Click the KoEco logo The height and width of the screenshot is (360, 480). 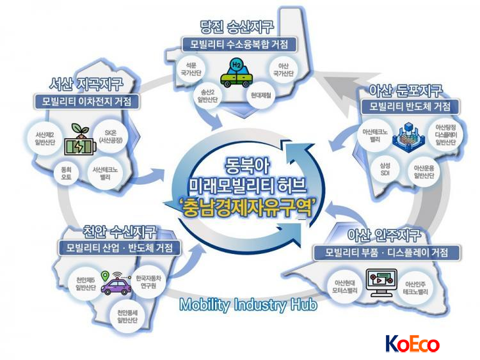pyautogui.click(x=412, y=343)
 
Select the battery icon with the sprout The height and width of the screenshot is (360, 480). pyautogui.click(x=80, y=139)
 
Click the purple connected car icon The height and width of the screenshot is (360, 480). pyautogui.click(x=116, y=283)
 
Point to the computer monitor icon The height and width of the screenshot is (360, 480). pyautogui.click(x=381, y=283)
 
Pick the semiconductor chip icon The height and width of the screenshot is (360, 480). pyautogui.click(x=409, y=136)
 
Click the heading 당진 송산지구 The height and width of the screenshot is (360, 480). pyautogui.click(x=236, y=27)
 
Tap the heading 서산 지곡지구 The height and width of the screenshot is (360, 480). pyautogui.click(x=86, y=84)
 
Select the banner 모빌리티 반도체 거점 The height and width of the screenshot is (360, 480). pyautogui.click(x=410, y=107)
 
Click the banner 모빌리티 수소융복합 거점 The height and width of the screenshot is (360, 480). pyautogui.click(x=239, y=45)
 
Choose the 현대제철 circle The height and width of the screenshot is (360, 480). pyautogui.click(x=261, y=95)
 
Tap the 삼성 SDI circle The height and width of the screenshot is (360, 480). pyautogui.click(x=385, y=169)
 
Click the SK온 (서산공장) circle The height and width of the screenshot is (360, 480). pyautogui.click(x=111, y=137)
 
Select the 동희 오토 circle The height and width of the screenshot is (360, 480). pyautogui.click(x=66, y=173)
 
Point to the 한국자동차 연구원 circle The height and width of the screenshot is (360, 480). pyautogui.click(x=148, y=282)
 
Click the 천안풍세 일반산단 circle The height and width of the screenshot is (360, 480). pyautogui.click(x=127, y=317)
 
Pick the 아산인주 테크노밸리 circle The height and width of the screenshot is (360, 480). pyautogui.click(x=415, y=288)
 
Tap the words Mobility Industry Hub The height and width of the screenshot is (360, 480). pyautogui.click(x=248, y=305)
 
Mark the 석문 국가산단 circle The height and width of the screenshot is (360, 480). pyautogui.click(x=191, y=69)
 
